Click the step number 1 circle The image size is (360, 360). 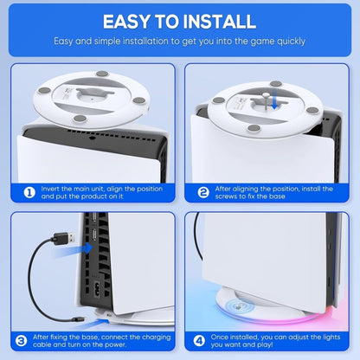pyautogui.click(x=29, y=192)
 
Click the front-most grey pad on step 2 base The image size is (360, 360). pyautogui.click(x=253, y=130)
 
